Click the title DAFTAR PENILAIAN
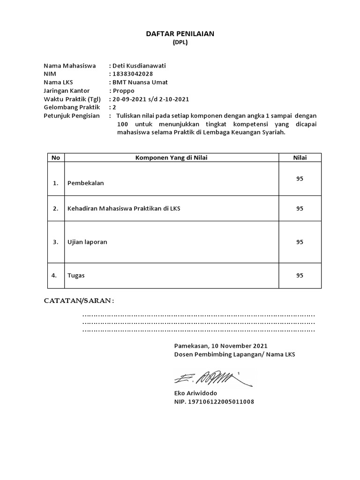coord(180,34)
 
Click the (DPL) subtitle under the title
coord(180,43)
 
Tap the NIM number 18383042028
coord(132,74)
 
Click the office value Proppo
coord(123,90)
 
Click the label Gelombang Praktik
coord(72,107)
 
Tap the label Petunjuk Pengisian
coord(72,116)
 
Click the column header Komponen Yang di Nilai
coord(171,157)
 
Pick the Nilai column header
coord(300,157)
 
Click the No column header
coord(56,157)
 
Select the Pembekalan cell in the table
coord(86,183)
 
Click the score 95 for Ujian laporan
coord(300,242)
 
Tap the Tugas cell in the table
coord(76,276)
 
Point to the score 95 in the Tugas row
coord(300,276)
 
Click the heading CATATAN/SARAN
coord(79,300)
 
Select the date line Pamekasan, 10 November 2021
coord(221,346)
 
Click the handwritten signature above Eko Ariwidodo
coord(211,378)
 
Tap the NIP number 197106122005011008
coord(214,402)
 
